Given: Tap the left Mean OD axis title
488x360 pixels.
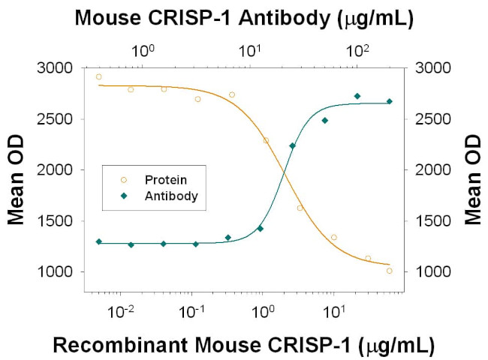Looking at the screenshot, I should click(17, 170).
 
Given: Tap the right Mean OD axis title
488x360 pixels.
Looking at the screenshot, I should click(473, 170).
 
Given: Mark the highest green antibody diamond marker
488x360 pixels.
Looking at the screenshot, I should click(357, 96).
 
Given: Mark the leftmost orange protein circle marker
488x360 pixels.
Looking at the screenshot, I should click(98, 76).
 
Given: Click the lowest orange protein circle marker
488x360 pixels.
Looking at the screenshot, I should click(389, 271).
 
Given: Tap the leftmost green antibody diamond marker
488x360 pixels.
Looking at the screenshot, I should click(98, 241).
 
